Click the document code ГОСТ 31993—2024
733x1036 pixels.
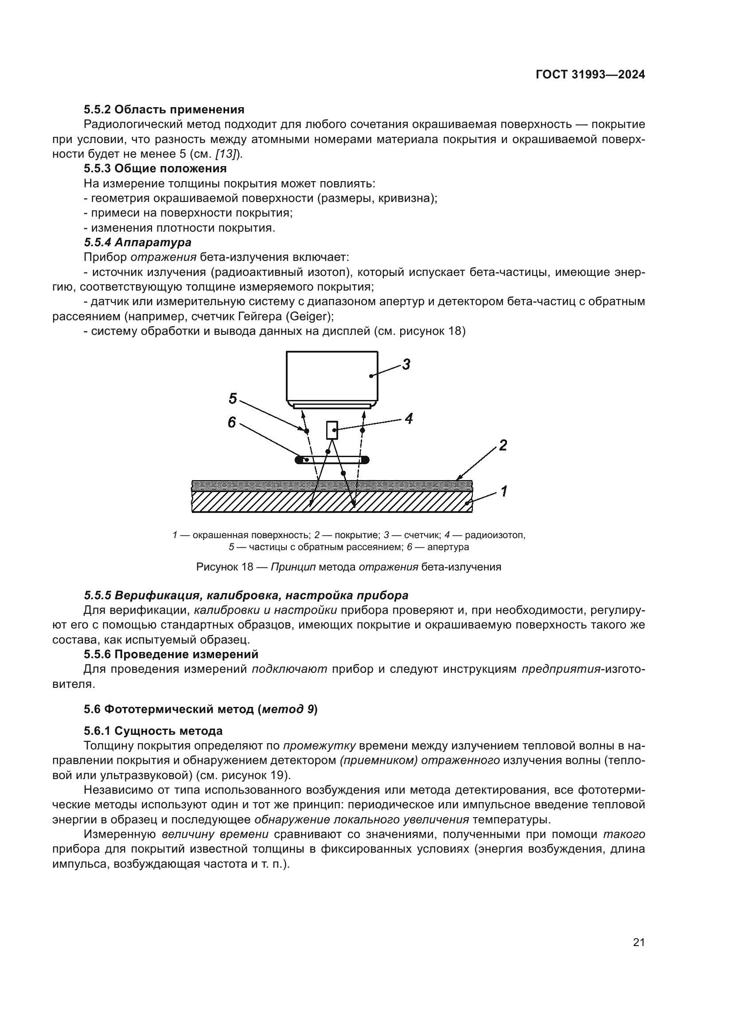pos(590,74)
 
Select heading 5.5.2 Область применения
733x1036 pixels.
pos(164,110)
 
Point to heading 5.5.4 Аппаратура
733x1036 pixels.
pos(138,242)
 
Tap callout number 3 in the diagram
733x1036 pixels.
pos(406,364)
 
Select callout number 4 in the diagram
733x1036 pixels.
pos(409,419)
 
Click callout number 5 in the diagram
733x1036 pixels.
pos(233,399)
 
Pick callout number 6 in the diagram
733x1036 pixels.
pos(231,423)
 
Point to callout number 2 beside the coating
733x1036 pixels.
pos(503,445)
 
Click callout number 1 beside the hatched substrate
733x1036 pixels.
pos(504,491)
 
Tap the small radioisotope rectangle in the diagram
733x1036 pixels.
pos(332,430)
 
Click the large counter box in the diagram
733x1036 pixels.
pos(332,376)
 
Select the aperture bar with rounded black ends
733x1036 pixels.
pos(332,460)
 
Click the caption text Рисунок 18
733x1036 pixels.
pos(224,567)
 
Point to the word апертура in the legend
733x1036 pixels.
pos(448,547)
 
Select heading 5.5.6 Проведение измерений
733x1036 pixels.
pos(171,654)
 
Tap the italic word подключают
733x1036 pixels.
pos(289,669)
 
